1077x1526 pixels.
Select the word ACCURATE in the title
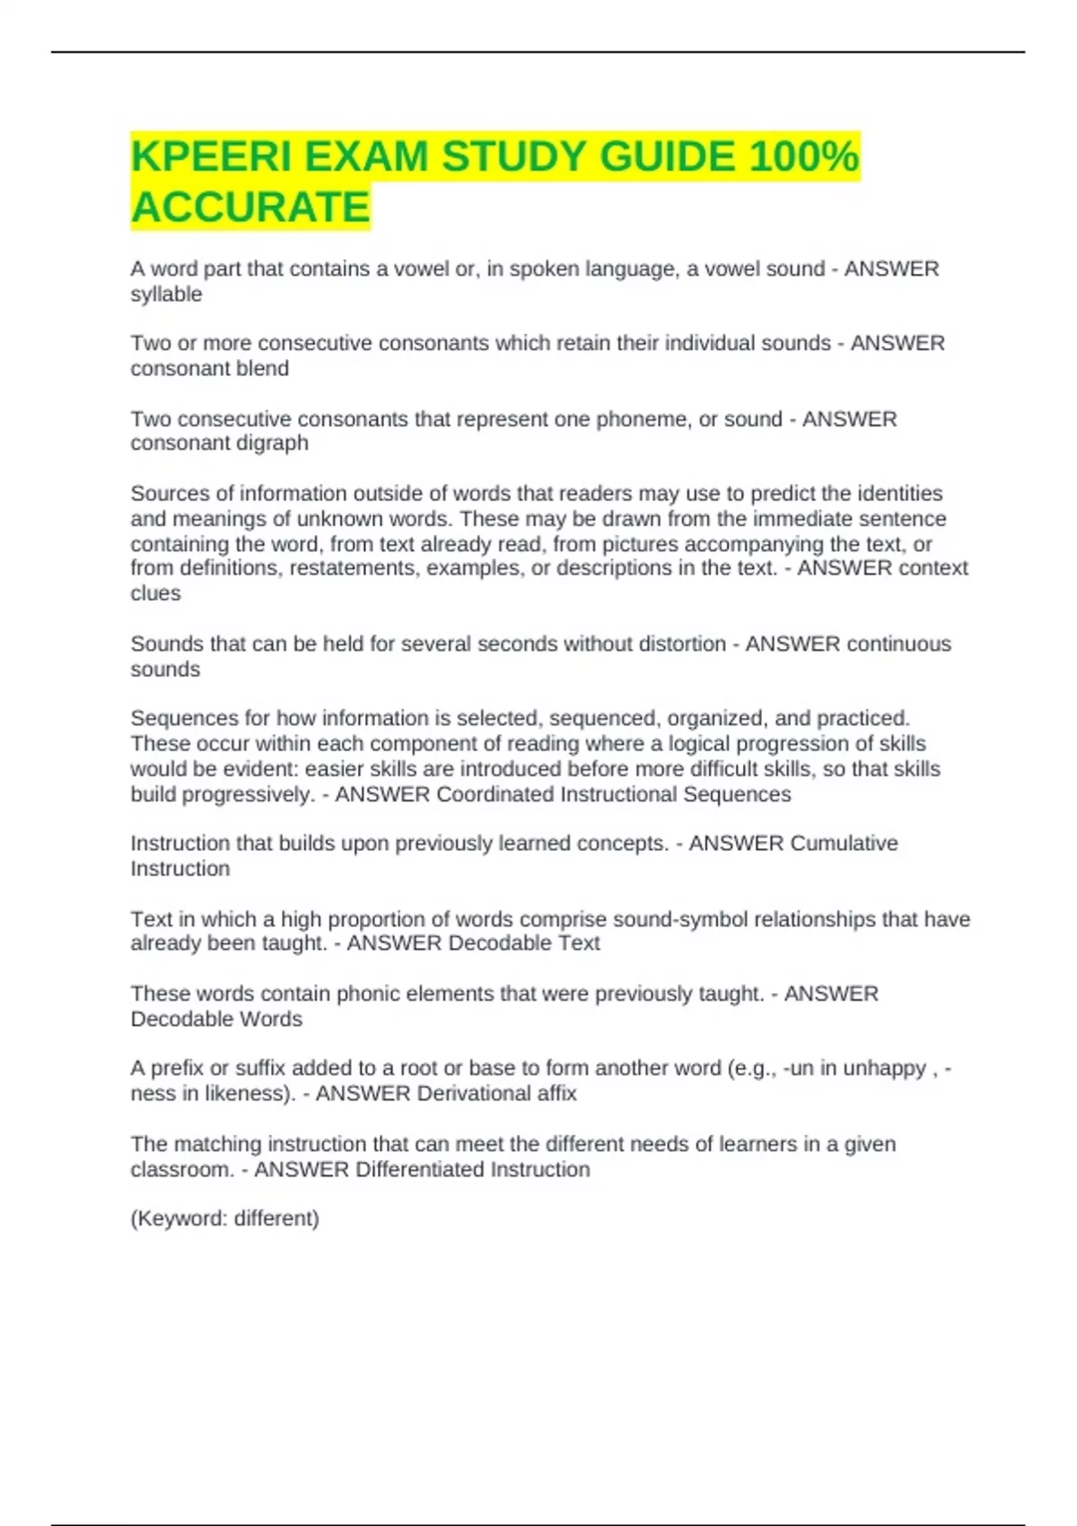(250, 207)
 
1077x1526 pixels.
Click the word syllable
(166, 294)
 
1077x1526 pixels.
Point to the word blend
(263, 369)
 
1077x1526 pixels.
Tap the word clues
(155, 593)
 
